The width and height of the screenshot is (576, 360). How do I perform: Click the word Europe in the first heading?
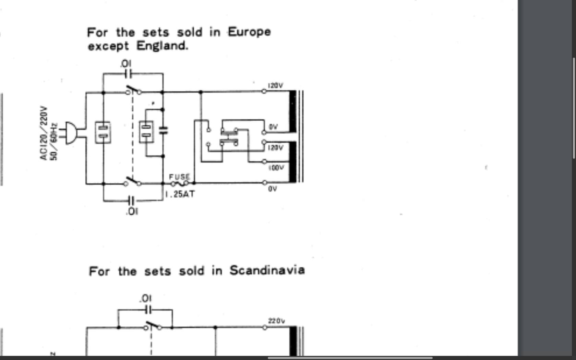pyautogui.click(x=249, y=32)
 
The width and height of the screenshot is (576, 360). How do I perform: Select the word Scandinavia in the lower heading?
pyautogui.click(x=267, y=270)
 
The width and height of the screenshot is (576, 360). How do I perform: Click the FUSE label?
pyautogui.click(x=179, y=177)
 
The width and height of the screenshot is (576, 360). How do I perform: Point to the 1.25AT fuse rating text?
pyautogui.click(x=180, y=194)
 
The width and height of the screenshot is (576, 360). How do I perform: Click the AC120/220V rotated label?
pyautogui.click(x=43, y=133)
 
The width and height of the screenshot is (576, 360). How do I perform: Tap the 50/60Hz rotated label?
pyautogui.click(x=53, y=141)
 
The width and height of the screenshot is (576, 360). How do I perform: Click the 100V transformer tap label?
pyautogui.click(x=276, y=168)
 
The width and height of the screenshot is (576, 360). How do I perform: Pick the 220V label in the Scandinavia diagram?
pyautogui.click(x=276, y=321)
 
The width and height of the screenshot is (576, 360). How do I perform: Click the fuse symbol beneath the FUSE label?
pyautogui.click(x=180, y=184)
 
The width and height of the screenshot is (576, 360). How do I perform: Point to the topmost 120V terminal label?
pyautogui.click(x=275, y=85)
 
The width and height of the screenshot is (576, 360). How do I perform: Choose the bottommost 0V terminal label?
pyautogui.click(x=272, y=189)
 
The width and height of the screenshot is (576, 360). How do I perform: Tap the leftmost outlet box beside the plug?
pyautogui.click(x=103, y=132)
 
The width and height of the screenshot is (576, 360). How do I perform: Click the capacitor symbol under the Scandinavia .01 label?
pyautogui.click(x=147, y=310)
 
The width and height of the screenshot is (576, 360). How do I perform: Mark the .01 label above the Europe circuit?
pyautogui.click(x=126, y=64)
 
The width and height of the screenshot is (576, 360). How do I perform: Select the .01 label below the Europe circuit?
pyautogui.click(x=132, y=211)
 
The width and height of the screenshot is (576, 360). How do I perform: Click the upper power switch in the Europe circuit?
pyautogui.click(x=133, y=91)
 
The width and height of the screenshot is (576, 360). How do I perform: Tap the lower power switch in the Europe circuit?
pyautogui.click(x=132, y=182)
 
